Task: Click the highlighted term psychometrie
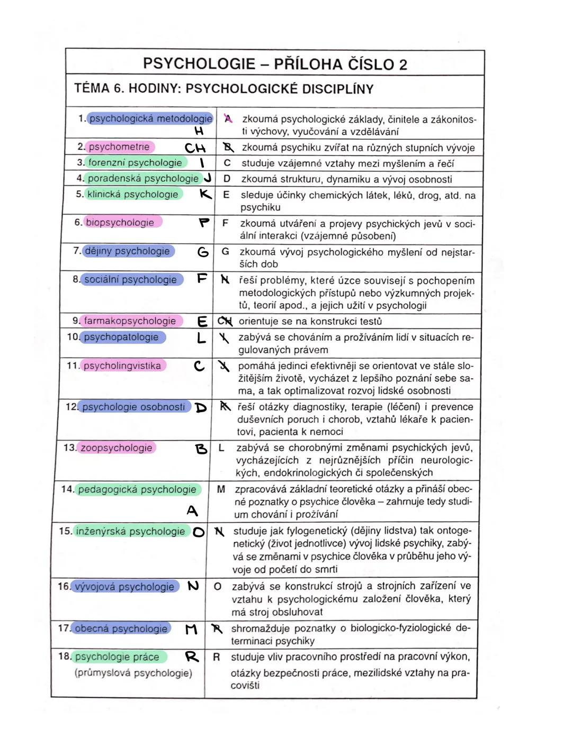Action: (119, 147)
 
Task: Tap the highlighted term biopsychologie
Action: (120, 223)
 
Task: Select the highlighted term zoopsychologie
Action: (117, 448)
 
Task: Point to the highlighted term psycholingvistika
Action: (122, 366)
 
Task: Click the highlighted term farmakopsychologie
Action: (130, 321)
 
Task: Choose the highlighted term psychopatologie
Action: (121, 337)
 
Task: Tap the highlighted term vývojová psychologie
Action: (124, 587)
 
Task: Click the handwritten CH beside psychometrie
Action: (195, 148)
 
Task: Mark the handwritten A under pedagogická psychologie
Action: (192, 510)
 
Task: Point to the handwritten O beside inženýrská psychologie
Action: (199, 532)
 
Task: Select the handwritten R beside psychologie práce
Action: (192, 657)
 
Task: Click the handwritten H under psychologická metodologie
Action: (199, 131)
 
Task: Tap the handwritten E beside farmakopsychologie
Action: (202, 322)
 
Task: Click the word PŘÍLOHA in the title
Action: (308, 65)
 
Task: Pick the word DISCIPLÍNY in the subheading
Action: (337, 89)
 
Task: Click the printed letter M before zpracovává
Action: (221, 489)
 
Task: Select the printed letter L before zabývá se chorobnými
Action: (221, 448)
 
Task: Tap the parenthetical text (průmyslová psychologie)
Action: (133, 673)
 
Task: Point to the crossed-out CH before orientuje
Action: (225, 321)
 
